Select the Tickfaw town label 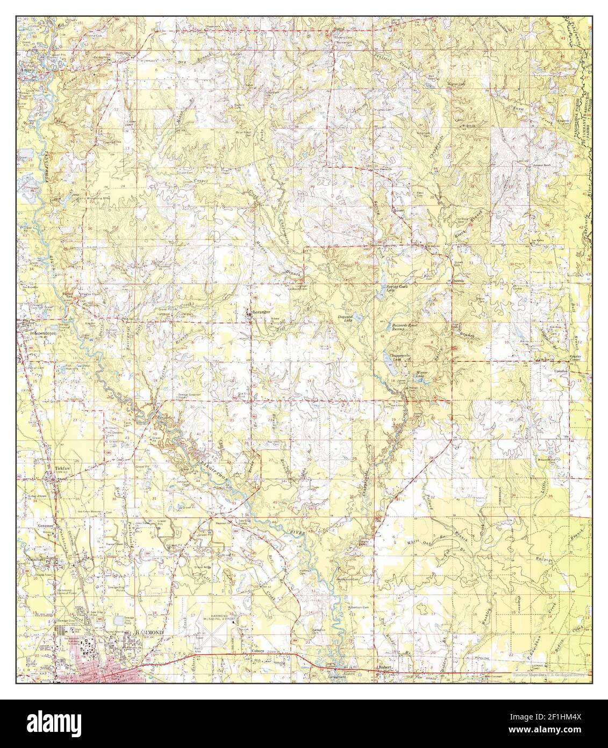(62, 468)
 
